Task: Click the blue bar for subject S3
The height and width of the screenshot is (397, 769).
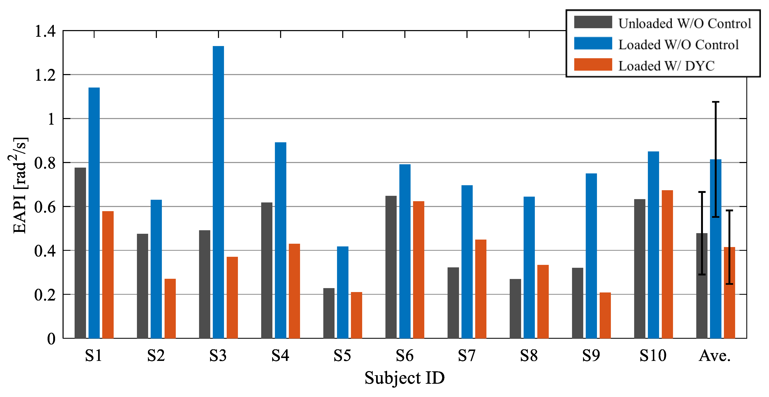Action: [218, 192]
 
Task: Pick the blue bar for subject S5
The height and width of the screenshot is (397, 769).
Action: [342, 292]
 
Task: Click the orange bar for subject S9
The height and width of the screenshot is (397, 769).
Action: [605, 315]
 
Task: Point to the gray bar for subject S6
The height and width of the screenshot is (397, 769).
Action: [391, 267]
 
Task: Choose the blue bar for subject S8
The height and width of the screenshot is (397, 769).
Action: [529, 267]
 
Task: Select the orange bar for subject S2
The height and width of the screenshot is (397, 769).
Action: [170, 308]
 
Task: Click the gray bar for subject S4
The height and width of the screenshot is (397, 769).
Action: [267, 270]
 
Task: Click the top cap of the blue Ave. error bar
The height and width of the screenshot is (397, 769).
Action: [716, 102]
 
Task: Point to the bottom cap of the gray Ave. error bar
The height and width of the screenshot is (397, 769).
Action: [702, 274]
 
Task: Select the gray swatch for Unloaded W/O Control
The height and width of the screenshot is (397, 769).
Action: [593, 22]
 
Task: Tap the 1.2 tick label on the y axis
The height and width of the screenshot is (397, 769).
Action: [45, 75]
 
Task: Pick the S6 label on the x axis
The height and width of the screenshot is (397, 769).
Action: [405, 355]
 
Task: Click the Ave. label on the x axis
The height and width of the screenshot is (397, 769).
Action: [714, 355]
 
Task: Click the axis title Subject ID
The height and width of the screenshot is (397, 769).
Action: [405, 378]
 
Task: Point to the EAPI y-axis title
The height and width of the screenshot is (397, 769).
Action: [19, 185]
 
